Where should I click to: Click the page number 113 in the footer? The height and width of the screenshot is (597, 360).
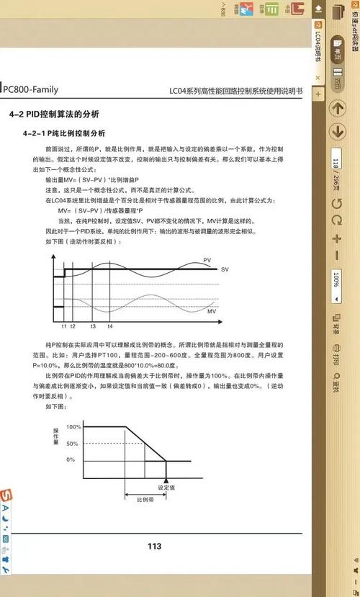pyautogui.click(x=154, y=546)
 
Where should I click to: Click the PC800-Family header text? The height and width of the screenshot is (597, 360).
pyautogui.click(x=30, y=70)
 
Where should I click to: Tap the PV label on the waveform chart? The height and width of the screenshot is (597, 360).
pyautogui.click(x=207, y=260)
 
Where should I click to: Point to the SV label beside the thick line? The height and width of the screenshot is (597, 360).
pyautogui.click(x=225, y=269)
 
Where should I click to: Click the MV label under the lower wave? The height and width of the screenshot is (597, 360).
pyautogui.click(x=211, y=311)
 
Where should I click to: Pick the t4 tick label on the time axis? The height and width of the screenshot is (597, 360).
pyautogui.click(x=109, y=326)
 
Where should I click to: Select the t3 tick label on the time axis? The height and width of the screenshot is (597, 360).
pyautogui.click(x=93, y=326)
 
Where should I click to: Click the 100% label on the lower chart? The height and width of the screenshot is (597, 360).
pyautogui.click(x=73, y=427)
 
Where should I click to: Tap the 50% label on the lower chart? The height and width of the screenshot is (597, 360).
pyautogui.click(x=72, y=444)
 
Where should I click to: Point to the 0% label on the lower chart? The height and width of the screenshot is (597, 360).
pyautogui.click(x=71, y=459)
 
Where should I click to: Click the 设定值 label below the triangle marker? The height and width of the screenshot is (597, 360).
pyautogui.click(x=167, y=488)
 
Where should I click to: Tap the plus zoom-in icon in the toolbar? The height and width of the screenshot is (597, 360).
pyautogui.click(x=336, y=237)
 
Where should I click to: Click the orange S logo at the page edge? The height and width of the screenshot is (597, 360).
pyautogui.click(x=6, y=497)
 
